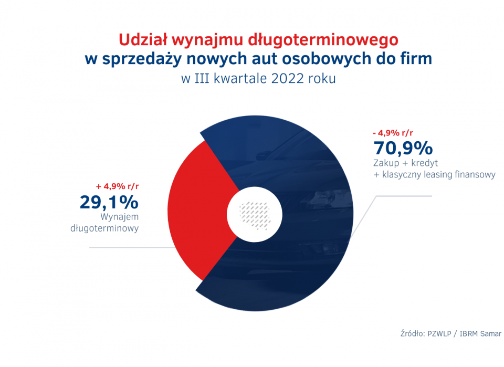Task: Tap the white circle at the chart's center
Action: [255, 215]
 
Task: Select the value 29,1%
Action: [109, 202]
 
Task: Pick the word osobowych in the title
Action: [334, 59]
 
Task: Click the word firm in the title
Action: [418, 59]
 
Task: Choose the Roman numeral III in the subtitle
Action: [204, 79]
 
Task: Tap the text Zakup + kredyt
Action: [406, 163]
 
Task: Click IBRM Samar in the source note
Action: [480, 333]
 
